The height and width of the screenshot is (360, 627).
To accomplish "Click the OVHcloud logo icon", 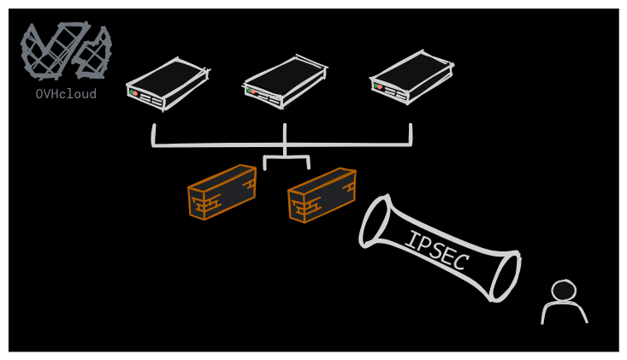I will coord(66,50).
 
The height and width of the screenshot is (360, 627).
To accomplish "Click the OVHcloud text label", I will coord(66,94).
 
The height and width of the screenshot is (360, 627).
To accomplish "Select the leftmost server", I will coord(167,83).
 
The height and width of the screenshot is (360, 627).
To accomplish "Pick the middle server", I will coord(285,81).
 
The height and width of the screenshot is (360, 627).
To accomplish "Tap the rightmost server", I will coord(411,77).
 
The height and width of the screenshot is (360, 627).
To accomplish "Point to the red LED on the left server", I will coord(135,93).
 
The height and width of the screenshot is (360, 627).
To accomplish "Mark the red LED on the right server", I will coord(380,86).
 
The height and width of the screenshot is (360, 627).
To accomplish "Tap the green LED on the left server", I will coord(131,91).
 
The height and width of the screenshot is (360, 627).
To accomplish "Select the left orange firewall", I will coord(222,192).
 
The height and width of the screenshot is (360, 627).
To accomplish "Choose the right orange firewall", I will coord(322,195).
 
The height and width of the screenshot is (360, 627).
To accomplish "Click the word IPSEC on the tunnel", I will coord(436,251).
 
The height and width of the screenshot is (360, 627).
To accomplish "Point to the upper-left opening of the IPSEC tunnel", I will coord(375,221).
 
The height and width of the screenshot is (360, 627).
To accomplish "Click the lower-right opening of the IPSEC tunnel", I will coord(505,276).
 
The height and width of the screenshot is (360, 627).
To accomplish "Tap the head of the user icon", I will coord(563,291).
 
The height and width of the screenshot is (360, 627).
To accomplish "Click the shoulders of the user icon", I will coord(564,313).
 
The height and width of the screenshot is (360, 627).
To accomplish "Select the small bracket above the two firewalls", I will coord(286,160).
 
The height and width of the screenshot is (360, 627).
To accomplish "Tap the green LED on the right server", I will coord(375,85).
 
